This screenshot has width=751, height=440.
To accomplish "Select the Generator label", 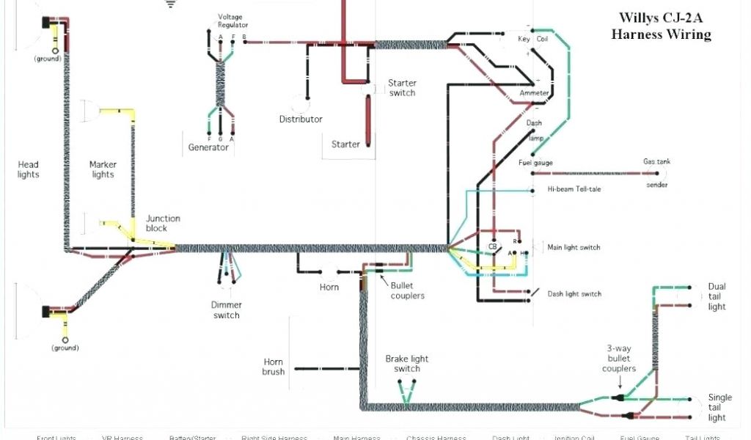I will tap(208, 147).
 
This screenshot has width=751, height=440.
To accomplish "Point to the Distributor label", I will tap(301, 119).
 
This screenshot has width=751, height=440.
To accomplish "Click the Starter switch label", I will tap(402, 88).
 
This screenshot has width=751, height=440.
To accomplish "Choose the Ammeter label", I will tap(534, 94).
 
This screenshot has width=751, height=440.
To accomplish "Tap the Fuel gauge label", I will tap(535, 163).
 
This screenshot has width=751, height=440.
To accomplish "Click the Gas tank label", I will tap(656, 162).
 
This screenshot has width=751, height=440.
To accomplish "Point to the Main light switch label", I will tap(574, 247).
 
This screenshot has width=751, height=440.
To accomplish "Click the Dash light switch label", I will tap(574, 294).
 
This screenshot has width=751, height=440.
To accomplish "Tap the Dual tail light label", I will tap(717, 296).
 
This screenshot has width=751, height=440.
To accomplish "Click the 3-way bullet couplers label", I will tap(620, 359).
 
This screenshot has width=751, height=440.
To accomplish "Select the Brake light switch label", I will tap(407, 364).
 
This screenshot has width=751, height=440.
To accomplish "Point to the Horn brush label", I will tap(273, 367).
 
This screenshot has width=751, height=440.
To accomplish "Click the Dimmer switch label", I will tap(226, 310).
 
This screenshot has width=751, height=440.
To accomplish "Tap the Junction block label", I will tap(163, 223).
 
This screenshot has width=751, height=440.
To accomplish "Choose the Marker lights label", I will tap(103, 169).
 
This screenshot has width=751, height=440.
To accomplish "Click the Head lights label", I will tap(29, 169).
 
